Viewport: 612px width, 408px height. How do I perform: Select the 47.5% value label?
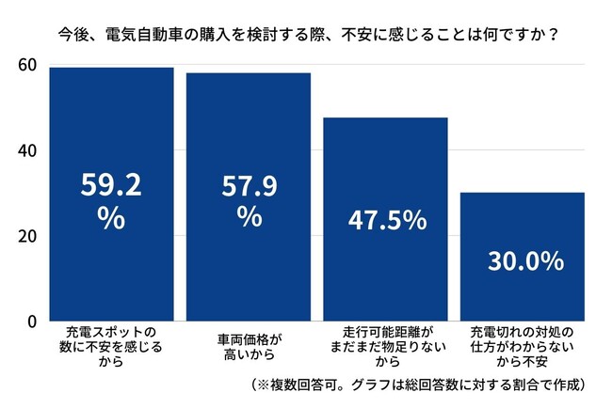[386, 220]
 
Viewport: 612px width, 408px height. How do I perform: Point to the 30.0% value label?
[524, 260]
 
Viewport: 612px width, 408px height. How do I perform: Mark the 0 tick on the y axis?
[31, 321]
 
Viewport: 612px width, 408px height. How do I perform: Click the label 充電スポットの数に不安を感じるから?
[111, 347]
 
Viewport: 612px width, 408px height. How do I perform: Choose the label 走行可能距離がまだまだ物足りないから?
[386, 347]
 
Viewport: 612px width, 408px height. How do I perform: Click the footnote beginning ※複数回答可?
[420, 385]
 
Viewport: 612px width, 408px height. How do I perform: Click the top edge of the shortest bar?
[524, 193]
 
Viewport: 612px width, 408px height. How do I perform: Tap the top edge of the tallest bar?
[111, 68]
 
